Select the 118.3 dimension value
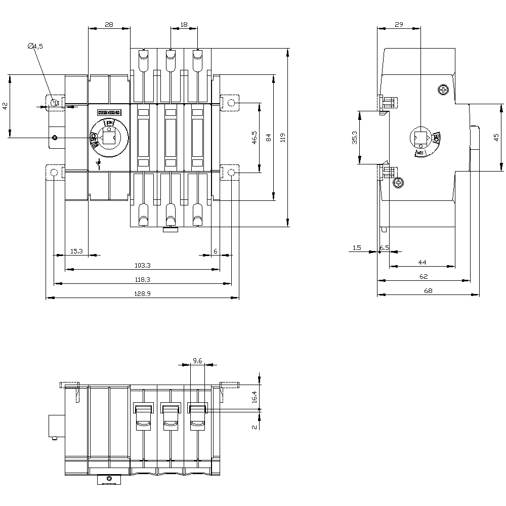143,279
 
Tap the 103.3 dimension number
143,265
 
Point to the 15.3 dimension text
76,251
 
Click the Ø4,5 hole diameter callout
35,46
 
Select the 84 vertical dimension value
269,137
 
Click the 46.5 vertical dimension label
254,138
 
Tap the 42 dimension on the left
5,106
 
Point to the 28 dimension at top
109,24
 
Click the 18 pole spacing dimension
184,24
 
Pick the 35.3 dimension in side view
354,137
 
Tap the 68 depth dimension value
428,290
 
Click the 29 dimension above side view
399,24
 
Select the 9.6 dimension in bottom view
197,361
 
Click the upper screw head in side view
444,90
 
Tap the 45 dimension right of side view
496,137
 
